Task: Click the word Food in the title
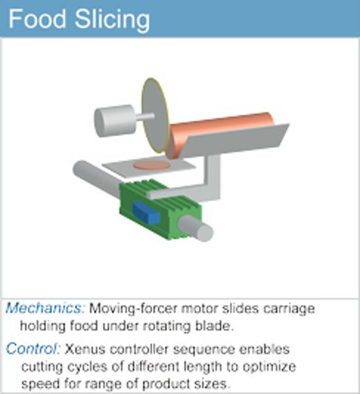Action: click(37, 19)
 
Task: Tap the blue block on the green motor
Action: click(146, 213)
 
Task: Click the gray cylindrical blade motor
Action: click(114, 121)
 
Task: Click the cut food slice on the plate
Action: click(152, 165)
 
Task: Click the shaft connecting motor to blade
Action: click(144, 117)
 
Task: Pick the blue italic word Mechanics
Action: click(45, 308)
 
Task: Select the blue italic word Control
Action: click(33, 349)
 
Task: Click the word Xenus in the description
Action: click(85, 349)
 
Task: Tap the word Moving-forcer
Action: click(133, 309)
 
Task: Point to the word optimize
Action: click(269, 367)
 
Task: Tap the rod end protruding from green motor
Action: click(196, 229)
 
